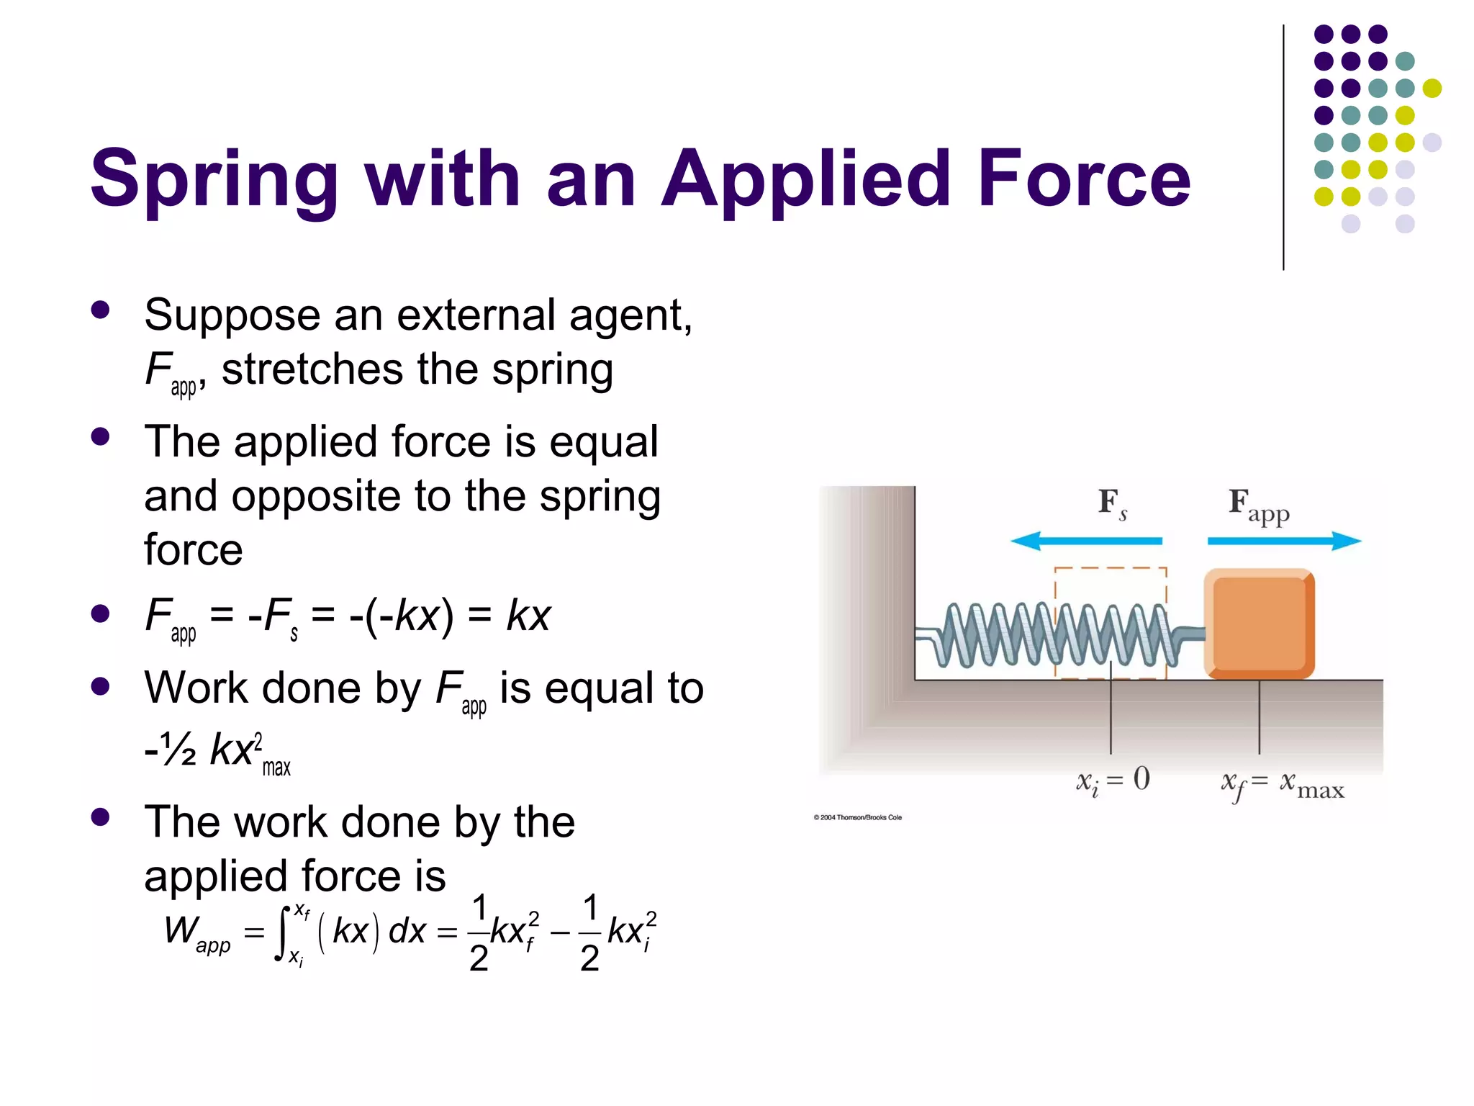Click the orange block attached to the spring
(x=1260, y=624)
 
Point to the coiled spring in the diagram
(x=1058, y=634)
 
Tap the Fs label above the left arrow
(x=1111, y=503)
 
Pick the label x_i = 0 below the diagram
(x=1113, y=781)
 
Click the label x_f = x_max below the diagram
(x=1282, y=785)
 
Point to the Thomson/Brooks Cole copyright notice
(x=857, y=817)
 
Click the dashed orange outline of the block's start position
(x=1110, y=568)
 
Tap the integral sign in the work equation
(x=282, y=932)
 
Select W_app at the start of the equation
(x=196, y=932)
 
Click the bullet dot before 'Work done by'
(x=100, y=686)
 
